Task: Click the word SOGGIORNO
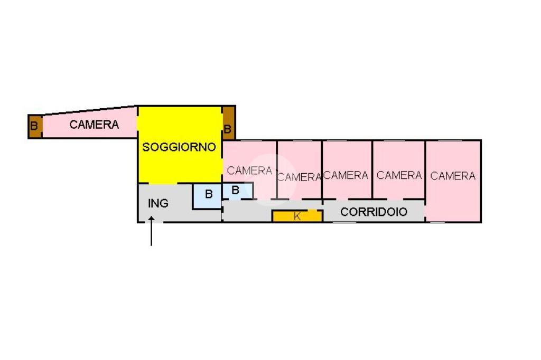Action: tap(179, 147)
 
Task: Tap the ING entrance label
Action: tap(158, 203)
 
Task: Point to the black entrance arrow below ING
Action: tap(152, 232)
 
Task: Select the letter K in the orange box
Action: tap(297, 216)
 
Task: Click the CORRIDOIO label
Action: tap(374, 212)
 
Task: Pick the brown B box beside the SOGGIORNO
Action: tap(228, 122)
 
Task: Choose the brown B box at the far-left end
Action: tap(35, 127)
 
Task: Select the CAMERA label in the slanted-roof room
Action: tap(94, 125)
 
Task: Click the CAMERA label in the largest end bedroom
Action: tap(453, 176)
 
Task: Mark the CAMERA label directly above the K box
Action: tap(299, 177)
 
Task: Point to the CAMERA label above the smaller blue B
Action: tap(249, 170)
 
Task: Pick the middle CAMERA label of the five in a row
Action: tap(346, 175)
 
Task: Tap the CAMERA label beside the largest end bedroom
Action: tap(399, 175)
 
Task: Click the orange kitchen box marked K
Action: tap(312, 216)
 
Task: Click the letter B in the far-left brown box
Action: tap(34, 127)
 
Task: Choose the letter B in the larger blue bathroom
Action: tap(209, 194)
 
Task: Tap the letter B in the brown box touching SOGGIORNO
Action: tap(228, 129)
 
